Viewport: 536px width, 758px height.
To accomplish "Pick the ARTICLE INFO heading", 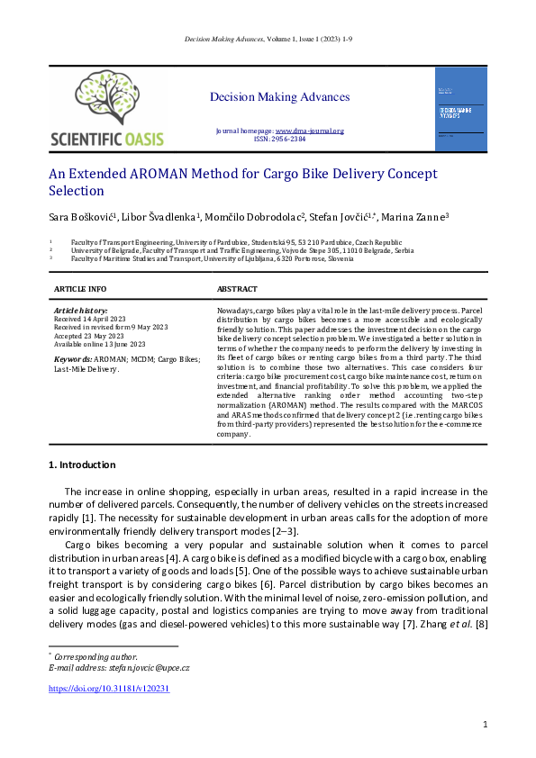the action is [80, 289].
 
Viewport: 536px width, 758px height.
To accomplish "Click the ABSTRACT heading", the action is [237, 289].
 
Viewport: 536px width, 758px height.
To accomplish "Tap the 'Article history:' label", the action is [81, 311].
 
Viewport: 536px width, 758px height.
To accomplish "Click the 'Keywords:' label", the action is [73, 358].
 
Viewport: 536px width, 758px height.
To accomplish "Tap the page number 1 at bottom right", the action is [486, 724].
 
